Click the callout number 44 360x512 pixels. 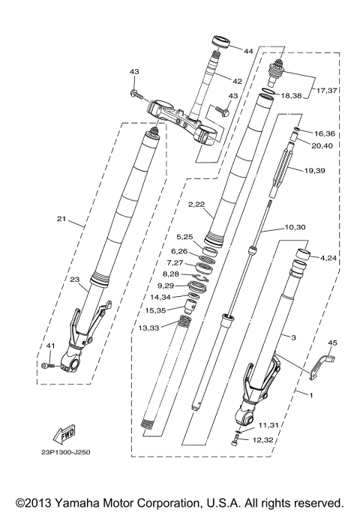pos(247,50)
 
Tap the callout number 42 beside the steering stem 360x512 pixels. pos(236,81)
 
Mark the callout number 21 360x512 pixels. pos(61,220)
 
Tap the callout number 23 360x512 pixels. pos(74,280)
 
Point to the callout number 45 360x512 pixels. pos(332,343)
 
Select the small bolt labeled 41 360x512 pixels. pos(49,365)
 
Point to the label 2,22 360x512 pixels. pos(196,204)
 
